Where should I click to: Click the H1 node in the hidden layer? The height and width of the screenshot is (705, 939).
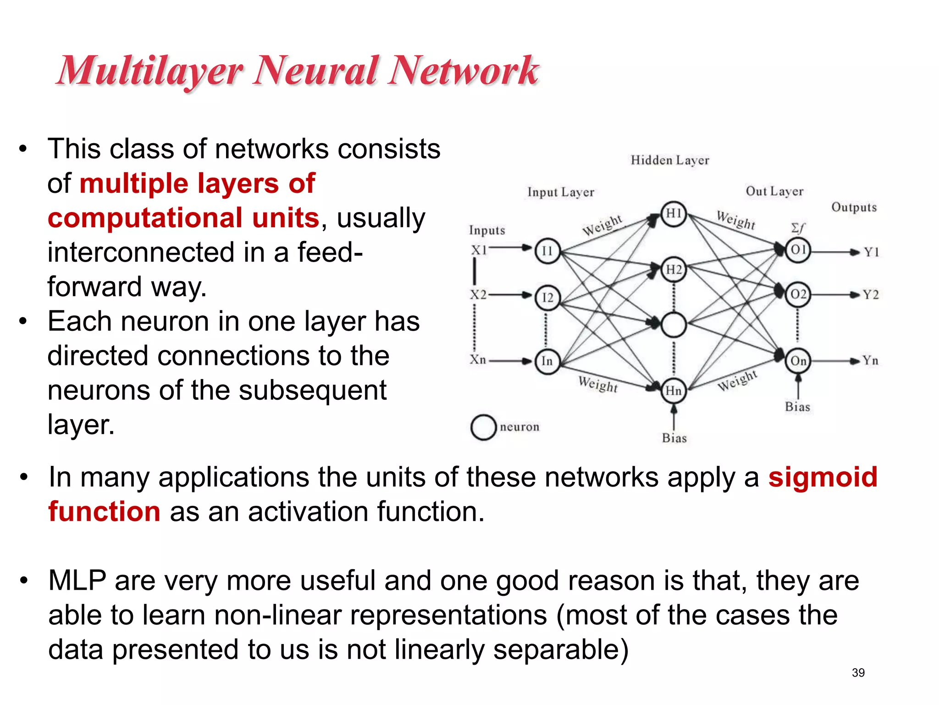pyautogui.click(x=673, y=214)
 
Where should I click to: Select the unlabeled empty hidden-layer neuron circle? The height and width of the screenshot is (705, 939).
pyautogui.click(x=673, y=325)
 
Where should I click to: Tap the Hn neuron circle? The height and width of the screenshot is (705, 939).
pyautogui.click(x=673, y=391)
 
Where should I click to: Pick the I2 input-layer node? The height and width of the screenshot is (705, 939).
pyautogui.click(x=547, y=297)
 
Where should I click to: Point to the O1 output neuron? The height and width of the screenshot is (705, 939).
pyautogui.click(x=798, y=250)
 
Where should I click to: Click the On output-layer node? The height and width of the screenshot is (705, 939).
pyautogui.click(x=798, y=361)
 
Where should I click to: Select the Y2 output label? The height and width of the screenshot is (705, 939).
pyautogui.click(x=871, y=295)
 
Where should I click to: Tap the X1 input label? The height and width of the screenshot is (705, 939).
pyautogui.click(x=479, y=250)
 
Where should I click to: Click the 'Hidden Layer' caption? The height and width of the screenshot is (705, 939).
pyautogui.click(x=670, y=160)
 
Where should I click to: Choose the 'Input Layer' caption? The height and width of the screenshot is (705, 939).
pyautogui.click(x=560, y=192)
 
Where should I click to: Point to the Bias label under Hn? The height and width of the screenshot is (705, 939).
pyautogui.click(x=674, y=438)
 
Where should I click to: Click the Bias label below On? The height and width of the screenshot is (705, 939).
pyautogui.click(x=797, y=407)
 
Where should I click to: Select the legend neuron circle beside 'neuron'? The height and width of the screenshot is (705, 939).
pyautogui.click(x=483, y=427)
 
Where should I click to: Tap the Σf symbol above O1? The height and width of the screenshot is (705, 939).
pyautogui.click(x=798, y=228)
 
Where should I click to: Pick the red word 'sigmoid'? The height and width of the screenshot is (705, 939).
pyautogui.click(x=823, y=477)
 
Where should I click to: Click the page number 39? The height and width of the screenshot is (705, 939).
pyautogui.click(x=858, y=672)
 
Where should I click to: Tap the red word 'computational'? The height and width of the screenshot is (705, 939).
pyautogui.click(x=145, y=218)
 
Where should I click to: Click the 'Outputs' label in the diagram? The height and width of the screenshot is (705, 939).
pyautogui.click(x=854, y=207)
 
